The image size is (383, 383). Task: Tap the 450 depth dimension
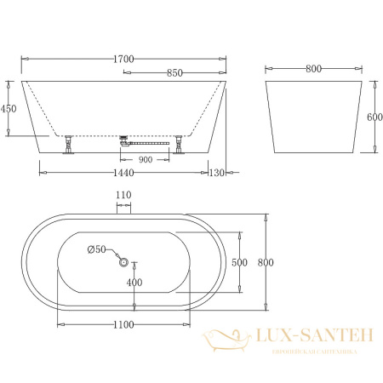pos(9,108)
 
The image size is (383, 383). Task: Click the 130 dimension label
pos(218,172)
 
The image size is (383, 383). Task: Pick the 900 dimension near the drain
pos(146,158)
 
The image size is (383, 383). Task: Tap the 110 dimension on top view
pos(124,196)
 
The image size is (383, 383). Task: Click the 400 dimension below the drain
pos(134,282)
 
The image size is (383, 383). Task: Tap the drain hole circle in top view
pos(125,263)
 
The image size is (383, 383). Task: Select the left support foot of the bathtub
pos(66,146)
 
